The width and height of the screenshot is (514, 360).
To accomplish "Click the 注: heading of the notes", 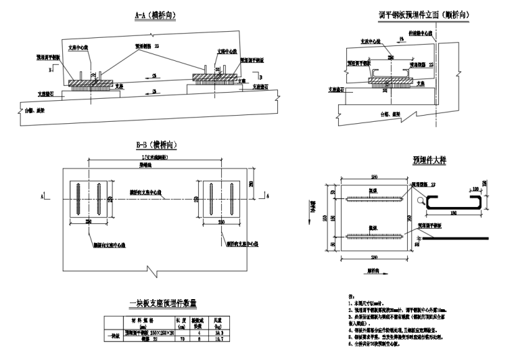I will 349,296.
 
